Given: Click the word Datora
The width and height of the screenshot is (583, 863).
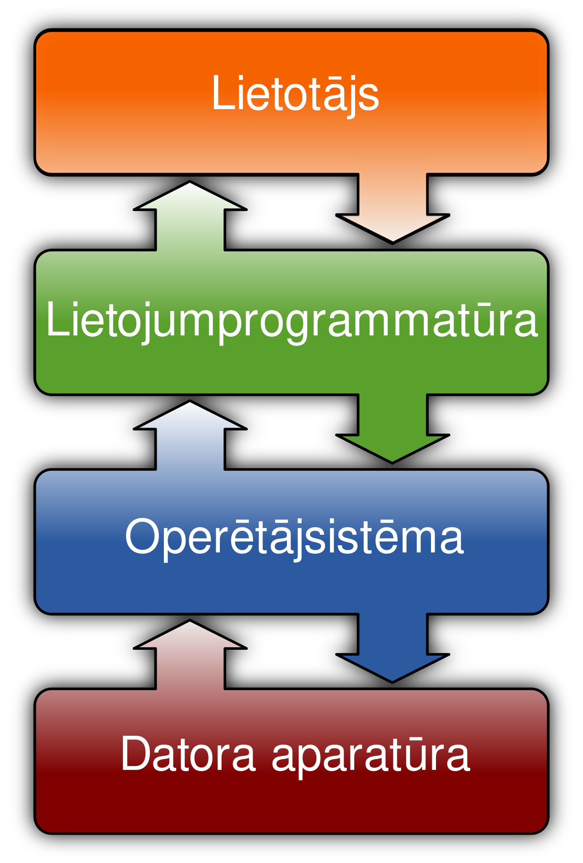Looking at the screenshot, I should point(188,755).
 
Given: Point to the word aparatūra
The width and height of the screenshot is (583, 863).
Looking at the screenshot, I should point(371,755).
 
